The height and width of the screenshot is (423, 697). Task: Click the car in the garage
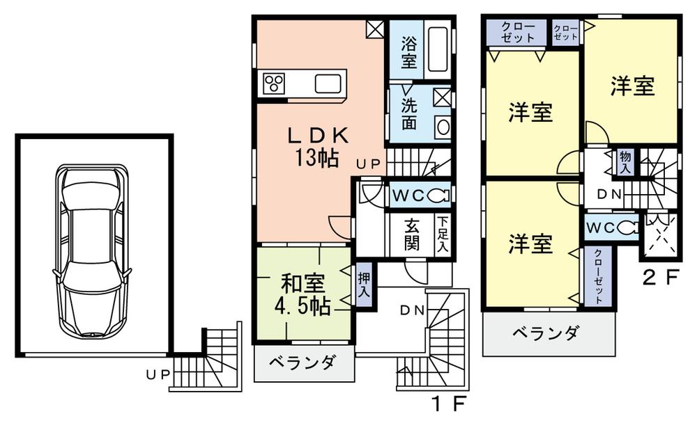tap(93, 250)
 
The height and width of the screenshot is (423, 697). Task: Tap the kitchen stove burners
tap(273, 84)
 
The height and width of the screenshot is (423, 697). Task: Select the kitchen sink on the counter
tap(327, 83)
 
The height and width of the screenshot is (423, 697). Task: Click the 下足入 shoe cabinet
tap(443, 235)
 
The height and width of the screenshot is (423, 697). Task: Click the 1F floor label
tap(446, 403)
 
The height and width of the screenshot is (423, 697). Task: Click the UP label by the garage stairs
tap(155, 374)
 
